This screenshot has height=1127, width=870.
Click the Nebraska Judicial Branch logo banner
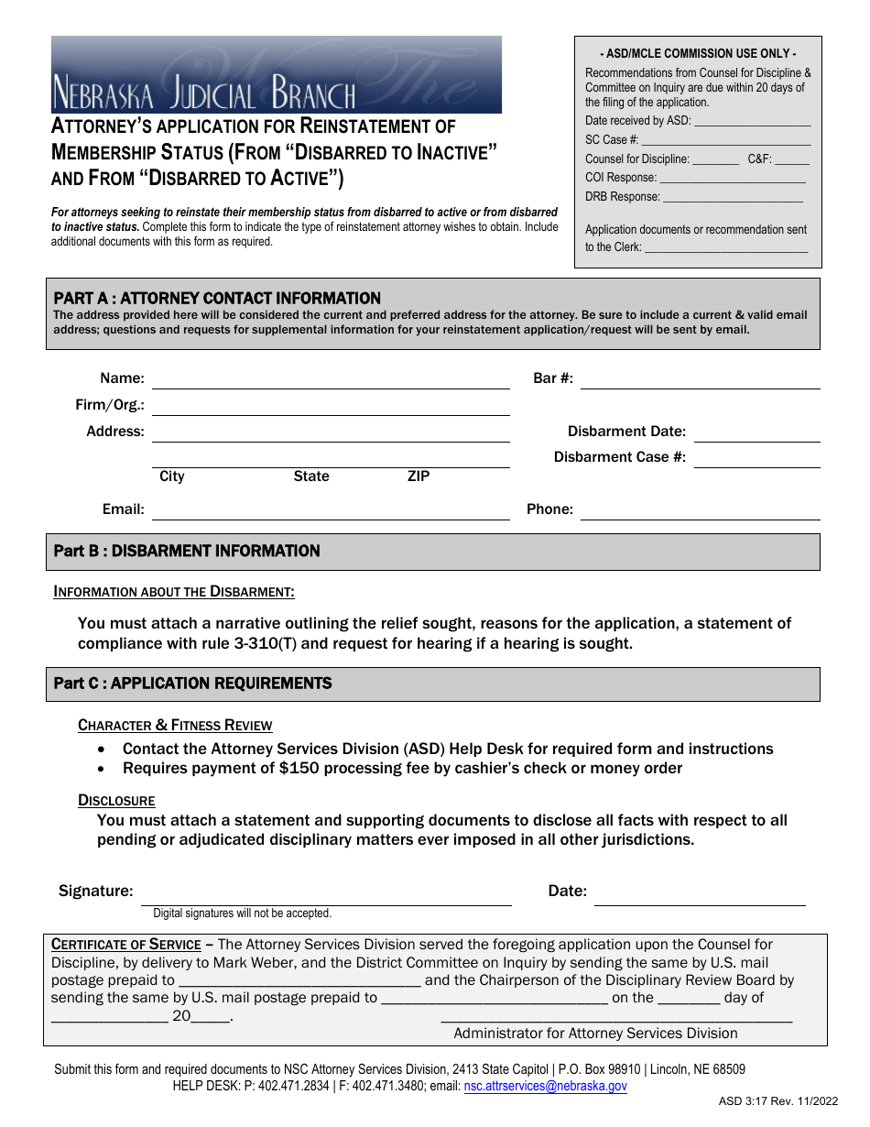[276, 74]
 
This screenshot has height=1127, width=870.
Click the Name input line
[330, 380]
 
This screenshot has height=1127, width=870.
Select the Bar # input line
[700, 380]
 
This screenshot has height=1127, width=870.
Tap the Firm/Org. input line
[330, 407]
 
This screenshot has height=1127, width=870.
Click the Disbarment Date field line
[756, 433]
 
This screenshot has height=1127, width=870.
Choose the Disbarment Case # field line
[756, 459]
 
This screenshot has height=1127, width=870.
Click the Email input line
[330, 511]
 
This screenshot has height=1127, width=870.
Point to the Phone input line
[700, 511]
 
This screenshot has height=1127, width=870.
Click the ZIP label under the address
[418, 476]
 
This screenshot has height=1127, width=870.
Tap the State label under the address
[311, 476]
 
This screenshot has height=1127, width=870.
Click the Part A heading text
[217, 299]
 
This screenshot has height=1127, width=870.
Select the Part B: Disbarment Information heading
[187, 552]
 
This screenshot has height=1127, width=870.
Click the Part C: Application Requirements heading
[192, 684]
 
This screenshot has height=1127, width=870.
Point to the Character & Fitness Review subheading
[175, 726]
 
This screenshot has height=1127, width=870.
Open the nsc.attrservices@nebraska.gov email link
[545, 1087]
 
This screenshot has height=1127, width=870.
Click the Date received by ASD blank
[752, 122]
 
